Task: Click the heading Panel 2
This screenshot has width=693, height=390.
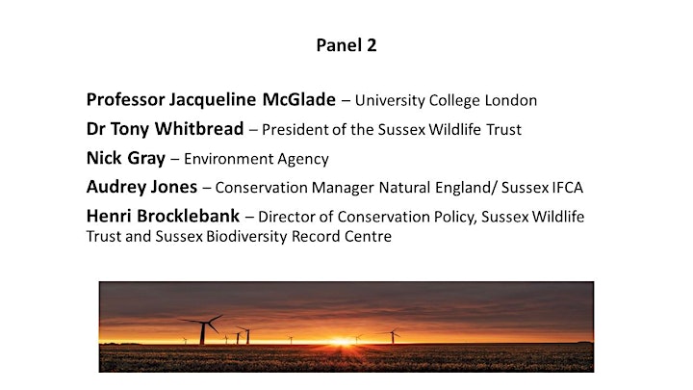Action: pyautogui.click(x=346, y=45)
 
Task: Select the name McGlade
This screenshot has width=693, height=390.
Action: pyautogui.click(x=298, y=99)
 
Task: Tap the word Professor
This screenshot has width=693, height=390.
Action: pyautogui.click(x=125, y=99)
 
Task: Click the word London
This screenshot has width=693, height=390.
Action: pyautogui.click(x=511, y=100)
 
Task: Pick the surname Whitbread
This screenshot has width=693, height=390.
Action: pyautogui.click(x=199, y=129)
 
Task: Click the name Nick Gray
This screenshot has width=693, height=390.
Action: pyautogui.click(x=126, y=158)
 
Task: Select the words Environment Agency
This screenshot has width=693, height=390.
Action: pyautogui.click(x=256, y=159)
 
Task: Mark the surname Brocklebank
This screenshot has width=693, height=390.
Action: pyautogui.click(x=189, y=216)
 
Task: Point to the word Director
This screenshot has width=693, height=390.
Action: pyautogui.click(x=287, y=217)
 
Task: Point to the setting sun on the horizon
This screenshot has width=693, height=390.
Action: pyautogui.click(x=342, y=341)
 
